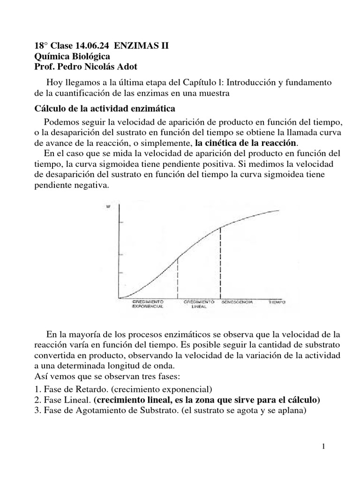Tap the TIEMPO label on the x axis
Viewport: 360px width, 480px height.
[x=277, y=301]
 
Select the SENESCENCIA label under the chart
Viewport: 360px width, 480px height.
[x=237, y=301]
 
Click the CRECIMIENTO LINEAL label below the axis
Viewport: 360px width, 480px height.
[x=199, y=304]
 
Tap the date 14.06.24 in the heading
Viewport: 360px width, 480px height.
[x=90, y=46]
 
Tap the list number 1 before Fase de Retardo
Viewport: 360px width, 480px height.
[x=37, y=389]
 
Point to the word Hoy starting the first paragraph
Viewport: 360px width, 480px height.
[x=54, y=82]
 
